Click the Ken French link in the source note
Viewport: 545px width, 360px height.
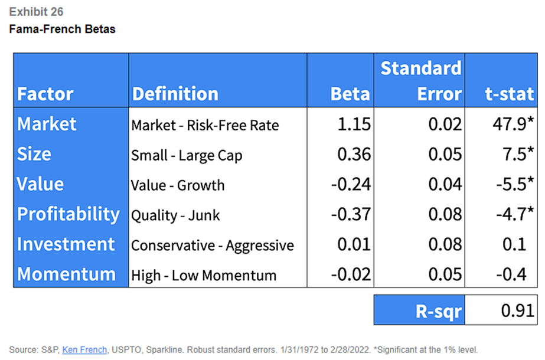(84, 349)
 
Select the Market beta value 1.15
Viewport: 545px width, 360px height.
(354, 124)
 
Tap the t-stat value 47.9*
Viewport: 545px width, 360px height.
(513, 124)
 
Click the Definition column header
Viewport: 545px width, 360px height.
(175, 94)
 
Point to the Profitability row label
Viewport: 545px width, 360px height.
(68, 214)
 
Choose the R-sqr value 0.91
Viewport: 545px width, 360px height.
(517, 310)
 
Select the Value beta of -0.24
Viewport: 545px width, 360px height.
(351, 184)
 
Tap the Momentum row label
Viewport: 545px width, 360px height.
(66, 274)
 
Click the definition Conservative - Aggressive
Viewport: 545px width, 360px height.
(213, 246)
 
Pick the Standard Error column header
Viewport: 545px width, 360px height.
(421, 81)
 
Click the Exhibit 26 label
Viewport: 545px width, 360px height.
(36, 12)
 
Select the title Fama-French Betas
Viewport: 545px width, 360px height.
(62, 29)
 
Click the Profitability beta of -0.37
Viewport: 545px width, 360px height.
(351, 214)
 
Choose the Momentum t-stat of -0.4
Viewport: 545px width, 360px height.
(511, 274)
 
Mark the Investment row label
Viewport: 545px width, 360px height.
(66, 244)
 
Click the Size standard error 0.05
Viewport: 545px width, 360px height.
(445, 154)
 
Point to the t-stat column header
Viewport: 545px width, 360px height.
(509, 94)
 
